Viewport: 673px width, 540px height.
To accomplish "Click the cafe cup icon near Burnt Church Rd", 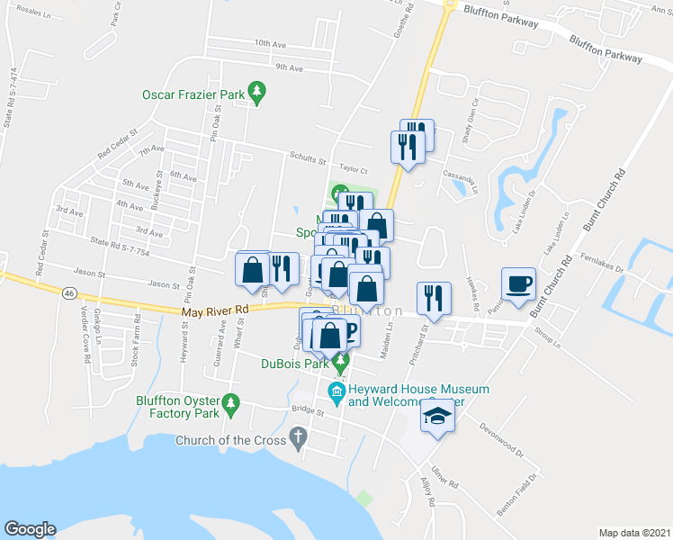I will coord(518,284).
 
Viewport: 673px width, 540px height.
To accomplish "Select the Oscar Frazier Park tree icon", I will coord(257,91).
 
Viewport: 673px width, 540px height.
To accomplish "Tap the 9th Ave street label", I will coord(289,67).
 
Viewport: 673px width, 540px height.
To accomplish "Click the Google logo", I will coord(30,528).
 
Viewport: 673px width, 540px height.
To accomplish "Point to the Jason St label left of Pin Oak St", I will coord(164,284).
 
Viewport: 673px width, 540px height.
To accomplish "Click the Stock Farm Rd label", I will coord(136,342).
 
